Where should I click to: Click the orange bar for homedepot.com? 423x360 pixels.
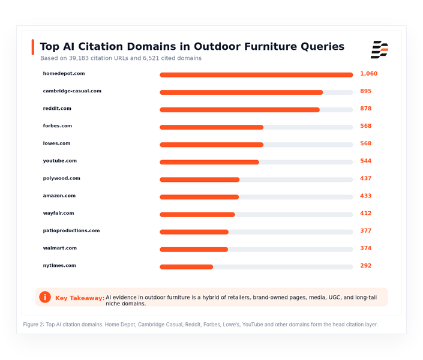[256, 75]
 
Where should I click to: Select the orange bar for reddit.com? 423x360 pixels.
[240, 110]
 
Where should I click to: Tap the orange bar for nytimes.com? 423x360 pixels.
[187, 267]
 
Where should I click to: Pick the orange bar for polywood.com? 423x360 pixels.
[200, 180]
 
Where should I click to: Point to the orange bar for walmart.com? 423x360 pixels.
[194, 250]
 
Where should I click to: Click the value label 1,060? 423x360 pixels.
[369, 74]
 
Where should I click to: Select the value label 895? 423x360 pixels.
[366, 91]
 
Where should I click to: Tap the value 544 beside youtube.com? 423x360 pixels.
[366, 161]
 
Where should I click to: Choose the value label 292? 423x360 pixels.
[366, 266]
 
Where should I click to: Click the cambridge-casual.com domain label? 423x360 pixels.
[72, 91]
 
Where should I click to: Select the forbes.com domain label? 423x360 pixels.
[58, 126]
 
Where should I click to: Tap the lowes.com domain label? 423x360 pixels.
[56, 143]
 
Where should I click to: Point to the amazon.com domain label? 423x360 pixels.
[59, 196]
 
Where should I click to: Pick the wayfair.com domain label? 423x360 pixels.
[59, 213]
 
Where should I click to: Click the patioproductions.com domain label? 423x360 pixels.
[71, 230]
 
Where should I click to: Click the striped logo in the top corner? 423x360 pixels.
[380, 50]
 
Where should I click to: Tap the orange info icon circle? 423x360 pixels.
[45, 297]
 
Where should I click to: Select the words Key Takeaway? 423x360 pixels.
[80, 298]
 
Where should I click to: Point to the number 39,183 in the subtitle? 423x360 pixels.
[79, 58]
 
